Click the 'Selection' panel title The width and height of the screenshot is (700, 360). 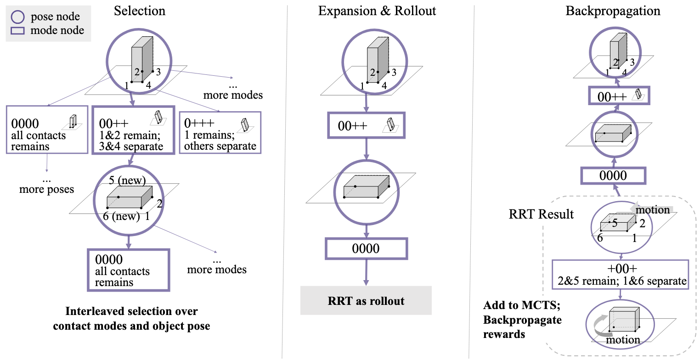(140, 11)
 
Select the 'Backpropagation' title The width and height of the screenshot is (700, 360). (613, 11)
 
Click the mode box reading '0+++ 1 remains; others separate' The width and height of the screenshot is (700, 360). (220, 132)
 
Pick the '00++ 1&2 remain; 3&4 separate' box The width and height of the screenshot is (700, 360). (133, 130)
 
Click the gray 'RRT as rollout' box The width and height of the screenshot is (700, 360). (366, 301)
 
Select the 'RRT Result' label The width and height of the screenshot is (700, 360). (541, 214)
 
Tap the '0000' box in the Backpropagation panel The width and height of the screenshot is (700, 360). (614, 176)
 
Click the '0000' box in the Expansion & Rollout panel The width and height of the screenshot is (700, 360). (366, 248)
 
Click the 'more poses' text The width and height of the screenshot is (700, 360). (46, 189)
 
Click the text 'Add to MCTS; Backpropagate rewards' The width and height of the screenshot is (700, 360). (522, 320)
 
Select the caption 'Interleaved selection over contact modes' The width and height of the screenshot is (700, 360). (131, 319)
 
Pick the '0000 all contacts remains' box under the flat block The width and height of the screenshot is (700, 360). (128, 270)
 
